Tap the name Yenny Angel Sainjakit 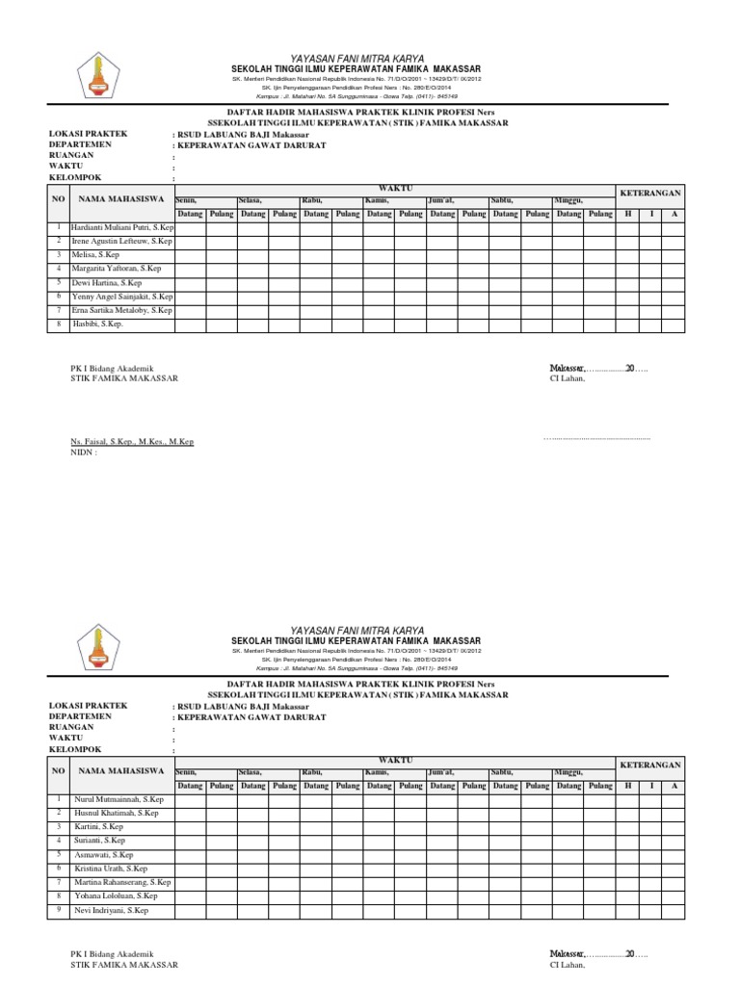pos(122,297)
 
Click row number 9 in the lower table pos(59,909)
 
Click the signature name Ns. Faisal pos(132,441)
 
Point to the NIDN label pos(84,452)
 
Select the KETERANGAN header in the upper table pos(650,194)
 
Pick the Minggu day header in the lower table pos(568,771)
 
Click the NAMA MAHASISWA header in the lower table pos(121,771)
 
